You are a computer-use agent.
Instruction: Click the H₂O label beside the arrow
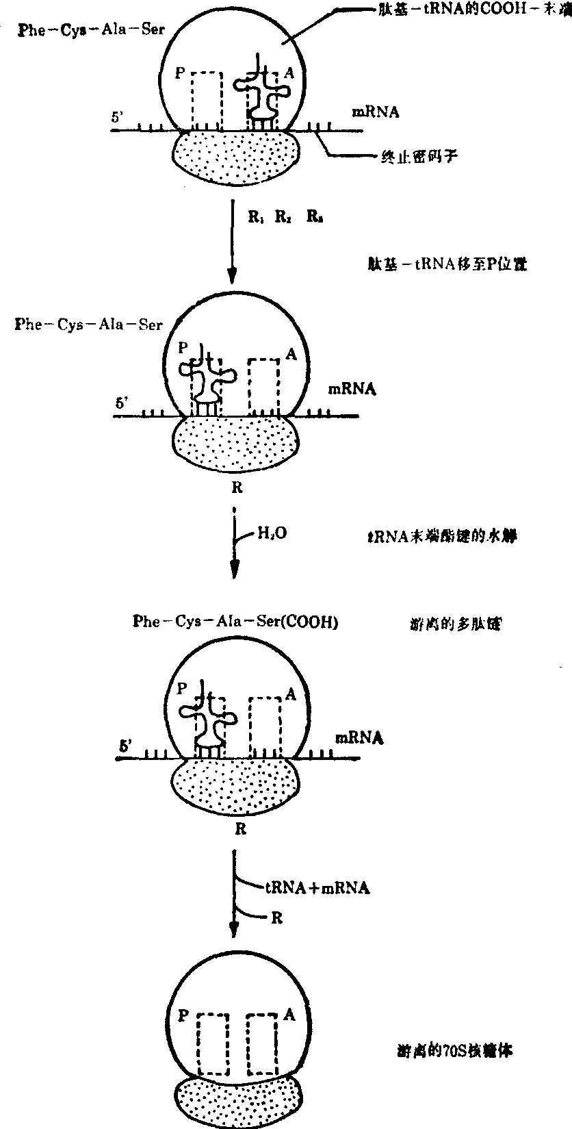[x=270, y=531]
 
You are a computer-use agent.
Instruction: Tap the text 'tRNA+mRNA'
[x=317, y=887]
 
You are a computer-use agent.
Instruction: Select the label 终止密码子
[x=417, y=157]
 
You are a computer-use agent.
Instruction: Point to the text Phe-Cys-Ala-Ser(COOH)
[x=235, y=622]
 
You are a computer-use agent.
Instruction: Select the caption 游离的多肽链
[x=452, y=624]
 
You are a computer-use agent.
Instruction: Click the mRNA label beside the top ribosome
[x=375, y=112]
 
